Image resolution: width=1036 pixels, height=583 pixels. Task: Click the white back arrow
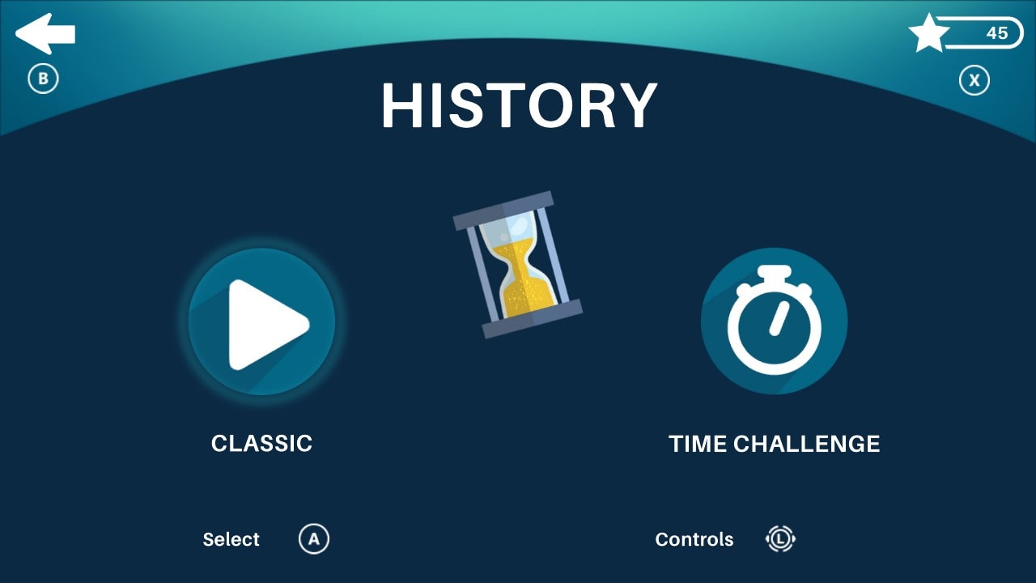(45, 34)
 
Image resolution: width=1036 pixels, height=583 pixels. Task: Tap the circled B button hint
(44, 79)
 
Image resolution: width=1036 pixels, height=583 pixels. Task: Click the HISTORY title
(519, 106)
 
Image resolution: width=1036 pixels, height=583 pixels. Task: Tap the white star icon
(928, 33)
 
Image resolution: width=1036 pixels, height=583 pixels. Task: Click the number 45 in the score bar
(996, 33)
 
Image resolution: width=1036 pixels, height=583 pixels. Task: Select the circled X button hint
(974, 80)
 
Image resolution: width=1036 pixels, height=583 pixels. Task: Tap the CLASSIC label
(261, 444)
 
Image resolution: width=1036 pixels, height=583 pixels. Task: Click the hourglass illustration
(518, 264)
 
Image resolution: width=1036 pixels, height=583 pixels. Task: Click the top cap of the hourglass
(503, 211)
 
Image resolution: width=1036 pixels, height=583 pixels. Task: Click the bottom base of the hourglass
(533, 318)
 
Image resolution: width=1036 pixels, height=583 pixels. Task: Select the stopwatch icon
(774, 321)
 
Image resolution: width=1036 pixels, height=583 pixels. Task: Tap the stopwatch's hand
(778, 318)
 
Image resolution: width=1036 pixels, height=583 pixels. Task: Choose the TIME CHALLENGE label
(774, 445)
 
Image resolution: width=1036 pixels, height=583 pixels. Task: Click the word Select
(231, 540)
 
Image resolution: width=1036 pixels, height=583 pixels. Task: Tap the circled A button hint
(314, 539)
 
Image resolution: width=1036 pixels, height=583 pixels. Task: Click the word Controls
(694, 540)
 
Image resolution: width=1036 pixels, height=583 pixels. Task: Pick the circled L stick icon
(780, 539)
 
